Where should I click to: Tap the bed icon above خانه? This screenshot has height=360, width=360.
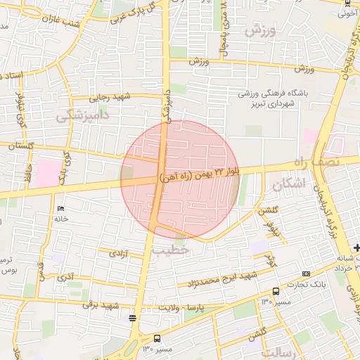pyautogui.click(x=61, y=209)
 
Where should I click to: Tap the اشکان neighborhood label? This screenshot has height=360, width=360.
pyautogui.click(x=288, y=185)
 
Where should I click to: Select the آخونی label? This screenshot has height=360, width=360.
pyautogui.click(x=347, y=13)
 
